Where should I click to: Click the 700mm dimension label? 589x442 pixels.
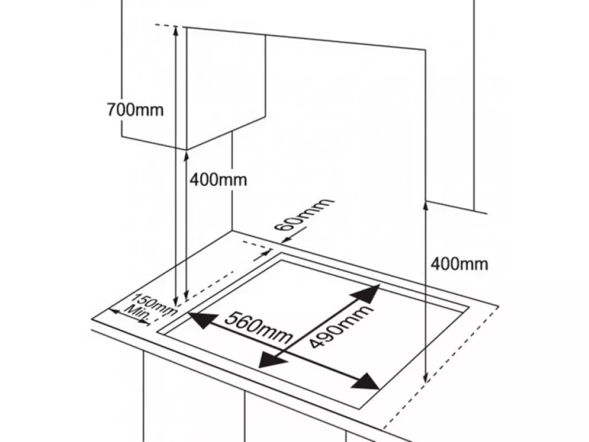pyautogui.click(x=135, y=110)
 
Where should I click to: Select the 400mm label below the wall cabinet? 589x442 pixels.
pyautogui.click(x=218, y=180)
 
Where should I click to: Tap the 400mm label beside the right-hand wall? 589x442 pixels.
pyautogui.click(x=459, y=264)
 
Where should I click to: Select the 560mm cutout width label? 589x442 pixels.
pyautogui.click(x=258, y=328)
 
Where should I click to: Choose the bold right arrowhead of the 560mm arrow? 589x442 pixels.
pyautogui.click(x=366, y=382)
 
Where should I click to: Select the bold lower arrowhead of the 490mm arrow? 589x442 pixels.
pyautogui.click(x=271, y=360)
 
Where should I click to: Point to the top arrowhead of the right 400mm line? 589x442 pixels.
pyautogui.click(x=426, y=207)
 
